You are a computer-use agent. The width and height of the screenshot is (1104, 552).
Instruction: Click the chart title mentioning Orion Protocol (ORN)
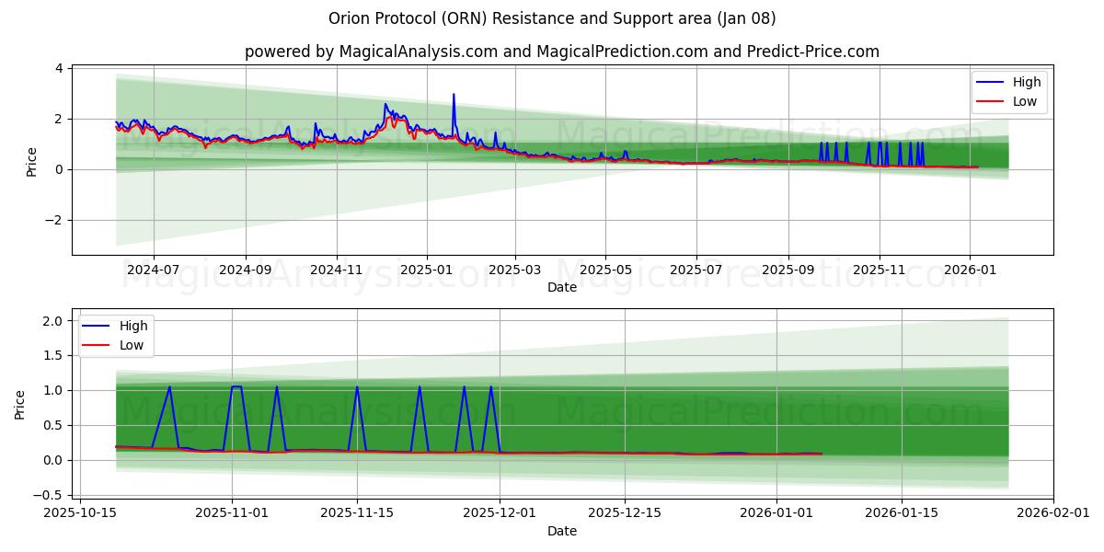[x=552, y=18]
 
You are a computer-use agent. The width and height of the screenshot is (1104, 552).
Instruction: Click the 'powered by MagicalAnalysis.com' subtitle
[x=561, y=52]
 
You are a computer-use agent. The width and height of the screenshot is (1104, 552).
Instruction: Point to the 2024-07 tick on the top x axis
[x=153, y=270]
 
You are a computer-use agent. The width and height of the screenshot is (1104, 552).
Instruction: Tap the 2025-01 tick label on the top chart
[x=427, y=270]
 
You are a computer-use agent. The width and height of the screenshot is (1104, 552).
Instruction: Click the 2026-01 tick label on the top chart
[x=970, y=270]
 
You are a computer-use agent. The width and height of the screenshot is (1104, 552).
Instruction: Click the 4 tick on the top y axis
[x=59, y=68]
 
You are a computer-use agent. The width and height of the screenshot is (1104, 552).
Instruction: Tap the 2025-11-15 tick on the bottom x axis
[x=357, y=513]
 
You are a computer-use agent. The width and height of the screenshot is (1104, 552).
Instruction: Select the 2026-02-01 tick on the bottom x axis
[x=1053, y=513]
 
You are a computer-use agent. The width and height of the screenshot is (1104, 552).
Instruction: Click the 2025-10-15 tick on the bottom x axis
[x=80, y=513]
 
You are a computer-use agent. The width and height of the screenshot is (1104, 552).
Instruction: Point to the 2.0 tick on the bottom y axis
[x=52, y=320]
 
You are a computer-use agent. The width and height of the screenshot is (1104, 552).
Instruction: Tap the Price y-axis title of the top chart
[x=32, y=161]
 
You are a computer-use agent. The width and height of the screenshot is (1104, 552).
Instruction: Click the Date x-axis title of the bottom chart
[x=561, y=531]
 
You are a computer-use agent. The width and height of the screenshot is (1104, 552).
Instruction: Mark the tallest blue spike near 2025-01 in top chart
[x=454, y=94]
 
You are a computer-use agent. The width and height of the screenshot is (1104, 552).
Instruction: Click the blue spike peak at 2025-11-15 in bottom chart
[x=357, y=386]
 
